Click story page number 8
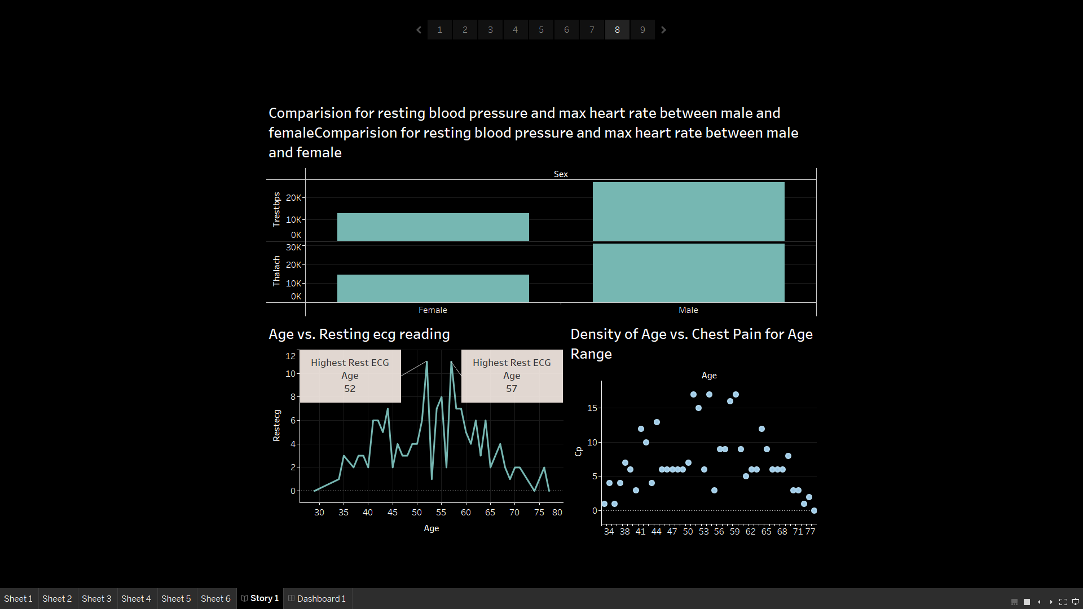tap(617, 30)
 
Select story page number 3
tap(490, 30)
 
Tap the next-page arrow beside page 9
tap(664, 30)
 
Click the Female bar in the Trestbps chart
tap(433, 227)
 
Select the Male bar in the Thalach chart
tap(688, 273)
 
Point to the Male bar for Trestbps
tap(688, 211)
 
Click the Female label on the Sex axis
tap(433, 310)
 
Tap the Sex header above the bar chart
tap(561, 174)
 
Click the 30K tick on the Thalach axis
tap(293, 248)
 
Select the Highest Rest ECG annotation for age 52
tap(350, 376)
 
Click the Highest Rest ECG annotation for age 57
tap(512, 376)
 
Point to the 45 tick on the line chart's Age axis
tap(393, 513)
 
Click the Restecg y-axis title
tap(276, 425)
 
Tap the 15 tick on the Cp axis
tap(592, 408)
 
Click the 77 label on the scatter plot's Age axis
tap(811, 532)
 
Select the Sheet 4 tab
tap(136, 598)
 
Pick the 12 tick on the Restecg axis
tap(290, 356)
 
